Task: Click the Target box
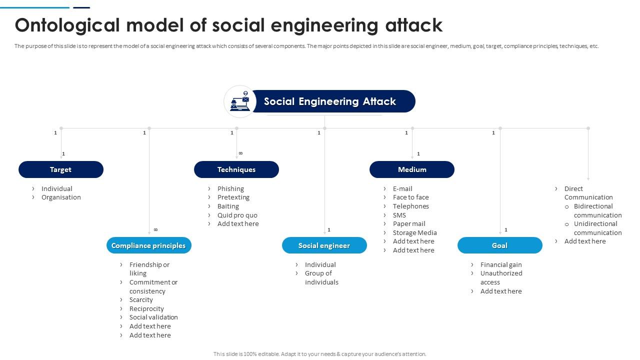pos(60,169)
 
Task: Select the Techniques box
pos(236,169)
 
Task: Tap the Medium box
pos(411,169)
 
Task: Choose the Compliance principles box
pos(148,245)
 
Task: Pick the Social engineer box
pos(324,245)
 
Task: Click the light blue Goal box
pos(499,245)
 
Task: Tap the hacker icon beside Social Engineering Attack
pos(240,101)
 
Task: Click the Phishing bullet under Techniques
pos(230,188)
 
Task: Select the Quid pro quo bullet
pos(237,215)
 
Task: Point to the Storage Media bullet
pos(414,232)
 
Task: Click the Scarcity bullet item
pos(141,300)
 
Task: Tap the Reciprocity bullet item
pos(146,308)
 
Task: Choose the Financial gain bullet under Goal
pos(500,264)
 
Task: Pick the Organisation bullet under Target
pos(61,197)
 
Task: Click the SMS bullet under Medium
pos(399,215)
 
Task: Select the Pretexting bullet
pos(233,197)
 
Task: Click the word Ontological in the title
pos(67,25)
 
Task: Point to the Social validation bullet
pos(153,317)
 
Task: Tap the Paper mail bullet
pos(409,223)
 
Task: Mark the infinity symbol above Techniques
pos(240,153)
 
